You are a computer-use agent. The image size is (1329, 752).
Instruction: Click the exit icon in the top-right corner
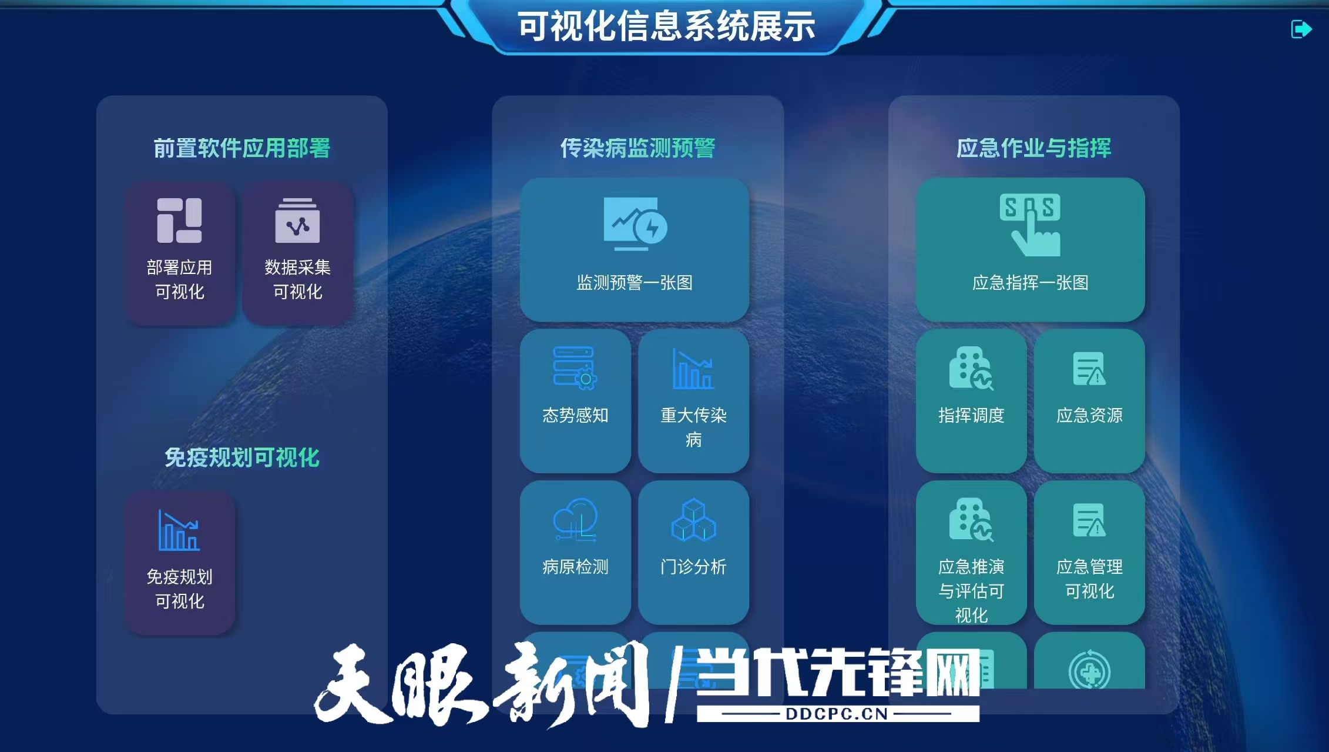(1301, 29)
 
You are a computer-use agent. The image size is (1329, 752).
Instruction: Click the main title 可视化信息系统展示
(666, 27)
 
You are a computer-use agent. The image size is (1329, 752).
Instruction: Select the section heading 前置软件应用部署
(241, 148)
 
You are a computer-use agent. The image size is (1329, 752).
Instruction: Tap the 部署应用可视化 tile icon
(179, 220)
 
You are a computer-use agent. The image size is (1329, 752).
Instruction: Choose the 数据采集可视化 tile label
(297, 279)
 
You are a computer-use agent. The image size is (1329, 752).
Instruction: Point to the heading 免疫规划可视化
(241, 457)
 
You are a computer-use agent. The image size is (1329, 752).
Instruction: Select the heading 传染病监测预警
(637, 148)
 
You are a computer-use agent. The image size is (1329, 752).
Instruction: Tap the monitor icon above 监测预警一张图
(635, 223)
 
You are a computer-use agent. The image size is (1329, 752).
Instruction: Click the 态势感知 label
(575, 416)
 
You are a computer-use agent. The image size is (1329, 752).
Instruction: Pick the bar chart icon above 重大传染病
(693, 369)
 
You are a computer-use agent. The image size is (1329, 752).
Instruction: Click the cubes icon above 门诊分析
(693, 520)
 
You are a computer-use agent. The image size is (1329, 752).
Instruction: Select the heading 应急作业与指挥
(1033, 148)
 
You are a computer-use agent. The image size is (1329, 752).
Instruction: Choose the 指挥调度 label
(971, 416)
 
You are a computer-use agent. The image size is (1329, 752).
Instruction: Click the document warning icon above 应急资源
(1089, 369)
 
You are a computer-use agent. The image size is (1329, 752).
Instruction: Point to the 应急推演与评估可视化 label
(971, 590)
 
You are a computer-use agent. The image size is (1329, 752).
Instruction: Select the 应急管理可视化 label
(1089, 579)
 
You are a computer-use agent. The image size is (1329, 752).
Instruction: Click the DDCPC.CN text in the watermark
(837, 714)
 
